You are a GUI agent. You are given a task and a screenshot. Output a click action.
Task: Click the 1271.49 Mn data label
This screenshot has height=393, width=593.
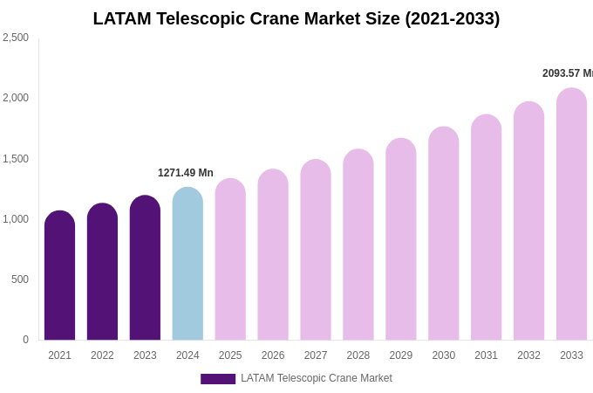click(186, 173)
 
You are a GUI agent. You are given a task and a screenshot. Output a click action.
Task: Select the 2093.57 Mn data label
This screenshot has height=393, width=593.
click(567, 73)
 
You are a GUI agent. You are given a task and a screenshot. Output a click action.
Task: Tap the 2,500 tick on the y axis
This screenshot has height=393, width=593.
click(16, 38)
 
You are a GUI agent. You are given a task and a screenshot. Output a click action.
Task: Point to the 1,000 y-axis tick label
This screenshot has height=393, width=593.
click(16, 219)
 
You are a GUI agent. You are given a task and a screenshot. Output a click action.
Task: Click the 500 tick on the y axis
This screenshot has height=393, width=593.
click(19, 279)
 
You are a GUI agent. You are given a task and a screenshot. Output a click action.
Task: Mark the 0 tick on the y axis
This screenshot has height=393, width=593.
click(25, 340)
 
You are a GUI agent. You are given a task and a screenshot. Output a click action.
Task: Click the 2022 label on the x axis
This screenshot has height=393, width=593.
click(102, 355)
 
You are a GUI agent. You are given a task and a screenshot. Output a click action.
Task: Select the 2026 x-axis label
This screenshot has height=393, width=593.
click(273, 355)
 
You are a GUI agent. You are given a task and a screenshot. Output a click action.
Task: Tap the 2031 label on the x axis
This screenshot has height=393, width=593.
click(486, 355)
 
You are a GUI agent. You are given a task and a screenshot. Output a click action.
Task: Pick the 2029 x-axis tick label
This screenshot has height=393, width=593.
click(401, 355)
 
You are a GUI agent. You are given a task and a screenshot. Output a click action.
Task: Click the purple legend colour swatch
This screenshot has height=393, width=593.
click(218, 379)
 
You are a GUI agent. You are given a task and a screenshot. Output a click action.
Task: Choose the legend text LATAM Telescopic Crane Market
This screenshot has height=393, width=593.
click(317, 378)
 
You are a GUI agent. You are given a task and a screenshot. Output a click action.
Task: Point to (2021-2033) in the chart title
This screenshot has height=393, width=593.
click(452, 18)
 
